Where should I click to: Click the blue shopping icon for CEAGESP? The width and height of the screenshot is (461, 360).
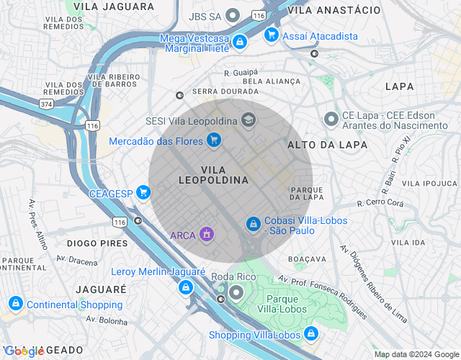click(143, 192)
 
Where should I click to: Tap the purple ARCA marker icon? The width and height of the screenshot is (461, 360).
click(207, 235)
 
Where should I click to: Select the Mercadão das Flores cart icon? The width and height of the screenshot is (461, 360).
click(213, 140)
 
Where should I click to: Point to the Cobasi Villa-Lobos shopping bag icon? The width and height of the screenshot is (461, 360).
click(253, 225)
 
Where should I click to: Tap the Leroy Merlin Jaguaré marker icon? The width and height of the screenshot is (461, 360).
click(186, 287)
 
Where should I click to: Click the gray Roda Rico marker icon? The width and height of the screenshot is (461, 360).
click(235, 291)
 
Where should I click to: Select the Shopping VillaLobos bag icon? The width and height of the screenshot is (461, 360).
click(310, 334)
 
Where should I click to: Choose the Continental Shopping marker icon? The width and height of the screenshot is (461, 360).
click(15, 305)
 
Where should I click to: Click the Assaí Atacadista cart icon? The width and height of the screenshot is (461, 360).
click(271, 35)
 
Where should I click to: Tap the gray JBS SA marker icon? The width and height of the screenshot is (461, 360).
click(233, 14)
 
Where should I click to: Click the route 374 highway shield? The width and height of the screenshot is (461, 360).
click(47, 104)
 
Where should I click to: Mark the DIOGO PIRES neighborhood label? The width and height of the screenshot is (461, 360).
click(97, 243)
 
